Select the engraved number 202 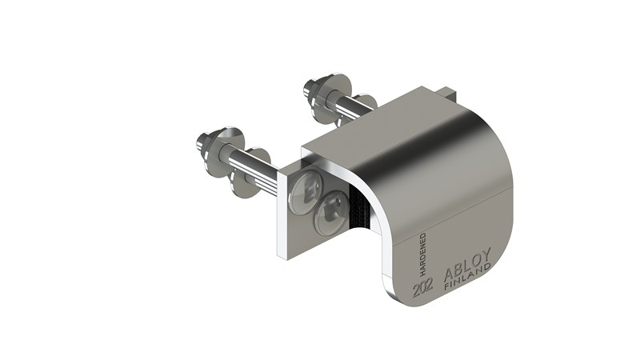pos(423,289)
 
